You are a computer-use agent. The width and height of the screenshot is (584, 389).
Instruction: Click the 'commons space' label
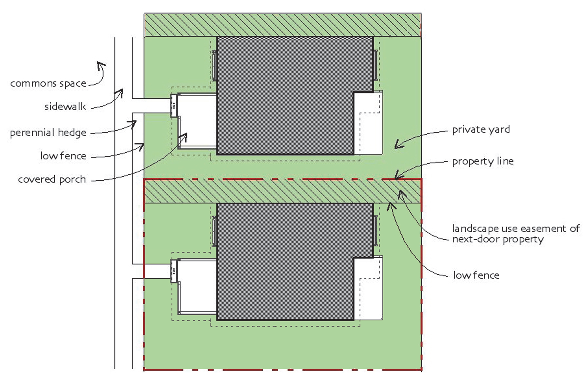48,84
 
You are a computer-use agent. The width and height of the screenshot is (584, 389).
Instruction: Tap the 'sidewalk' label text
65,107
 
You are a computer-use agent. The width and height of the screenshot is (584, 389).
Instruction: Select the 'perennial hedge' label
48,133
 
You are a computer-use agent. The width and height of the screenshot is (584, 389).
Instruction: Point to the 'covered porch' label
52,179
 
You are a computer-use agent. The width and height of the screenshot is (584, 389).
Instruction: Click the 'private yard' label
481,129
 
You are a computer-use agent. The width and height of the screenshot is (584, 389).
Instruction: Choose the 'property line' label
483,161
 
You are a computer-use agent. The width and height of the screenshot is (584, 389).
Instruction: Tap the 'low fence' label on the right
476,275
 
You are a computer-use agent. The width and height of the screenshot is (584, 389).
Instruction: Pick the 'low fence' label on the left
63,156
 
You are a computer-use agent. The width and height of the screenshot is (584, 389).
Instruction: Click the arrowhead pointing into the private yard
398,145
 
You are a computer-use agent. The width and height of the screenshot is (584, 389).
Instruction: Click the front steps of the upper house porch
174,105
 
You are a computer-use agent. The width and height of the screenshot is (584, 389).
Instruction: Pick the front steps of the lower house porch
174,271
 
